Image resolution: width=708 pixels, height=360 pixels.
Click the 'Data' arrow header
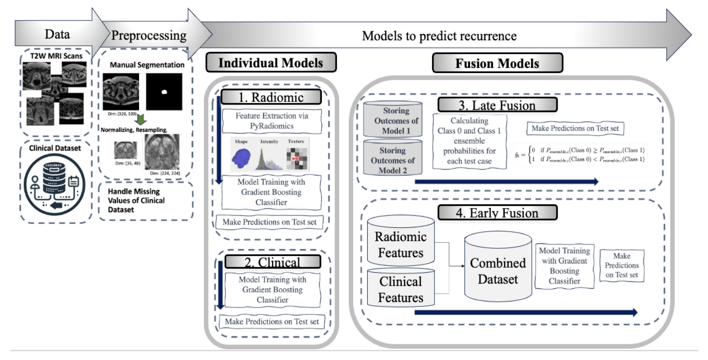click(58, 35)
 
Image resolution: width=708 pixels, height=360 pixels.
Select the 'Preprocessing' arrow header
click(149, 36)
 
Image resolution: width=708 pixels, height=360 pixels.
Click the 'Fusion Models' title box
click(497, 63)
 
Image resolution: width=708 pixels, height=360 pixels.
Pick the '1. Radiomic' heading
click(271, 97)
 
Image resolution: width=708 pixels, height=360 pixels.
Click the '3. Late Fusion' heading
click(497, 105)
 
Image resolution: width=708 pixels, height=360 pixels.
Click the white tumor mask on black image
click(164, 92)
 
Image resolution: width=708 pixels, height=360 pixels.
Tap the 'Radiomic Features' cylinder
click(400, 243)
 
